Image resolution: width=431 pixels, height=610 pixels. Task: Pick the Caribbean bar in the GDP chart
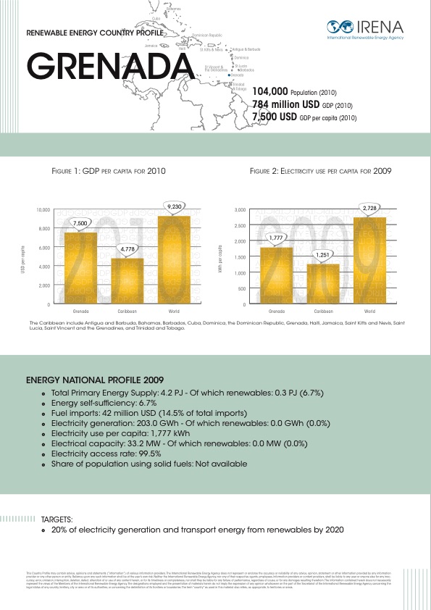[x=127, y=280]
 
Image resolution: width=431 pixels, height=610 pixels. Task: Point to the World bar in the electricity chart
[x=369, y=261]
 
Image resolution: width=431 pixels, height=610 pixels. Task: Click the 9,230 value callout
[x=174, y=206]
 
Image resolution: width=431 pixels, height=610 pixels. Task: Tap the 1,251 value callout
[x=323, y=255]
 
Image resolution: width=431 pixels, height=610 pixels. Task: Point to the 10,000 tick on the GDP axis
[x=43, y=210]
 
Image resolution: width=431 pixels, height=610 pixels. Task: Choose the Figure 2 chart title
[x=321, y=172]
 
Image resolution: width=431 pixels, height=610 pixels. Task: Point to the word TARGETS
[x=57, y=519]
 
